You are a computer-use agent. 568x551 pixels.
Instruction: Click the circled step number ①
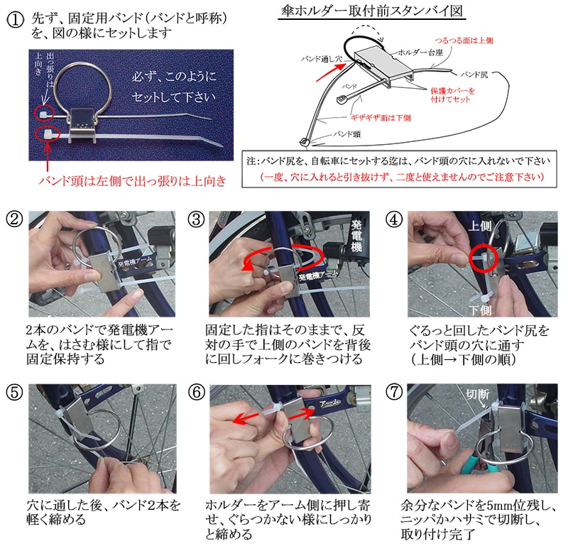coord(16,21)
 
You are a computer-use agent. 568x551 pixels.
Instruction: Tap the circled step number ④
coord(394,219)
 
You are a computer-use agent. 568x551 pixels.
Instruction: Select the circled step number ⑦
coord(394,392)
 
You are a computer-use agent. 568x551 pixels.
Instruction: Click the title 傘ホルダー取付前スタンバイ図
coord(372,11)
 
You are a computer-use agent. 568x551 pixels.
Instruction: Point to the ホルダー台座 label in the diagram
coord(420,53)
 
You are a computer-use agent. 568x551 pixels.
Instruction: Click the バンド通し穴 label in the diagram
coord(322,59)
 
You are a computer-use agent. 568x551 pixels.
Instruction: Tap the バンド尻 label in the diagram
coord(474,75)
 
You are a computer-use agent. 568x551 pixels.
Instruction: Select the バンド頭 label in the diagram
coord(347,134)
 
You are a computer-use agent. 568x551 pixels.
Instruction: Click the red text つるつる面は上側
coord(464,40)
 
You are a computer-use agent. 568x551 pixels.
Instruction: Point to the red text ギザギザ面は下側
coord(381,118)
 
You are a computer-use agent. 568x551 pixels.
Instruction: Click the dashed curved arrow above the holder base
coord(366,31)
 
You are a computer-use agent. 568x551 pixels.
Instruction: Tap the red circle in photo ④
coord(484,258)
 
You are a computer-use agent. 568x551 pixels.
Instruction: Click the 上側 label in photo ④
coord(480,226)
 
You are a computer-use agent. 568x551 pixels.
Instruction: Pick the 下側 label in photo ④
coord(481,310)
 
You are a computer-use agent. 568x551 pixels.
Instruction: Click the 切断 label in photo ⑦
coord(478,395)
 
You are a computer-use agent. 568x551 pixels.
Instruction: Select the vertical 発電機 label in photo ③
coord(357,236)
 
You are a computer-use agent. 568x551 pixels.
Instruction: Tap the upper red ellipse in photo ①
coord(44,114)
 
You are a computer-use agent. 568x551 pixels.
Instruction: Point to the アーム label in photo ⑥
coord(329,403)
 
